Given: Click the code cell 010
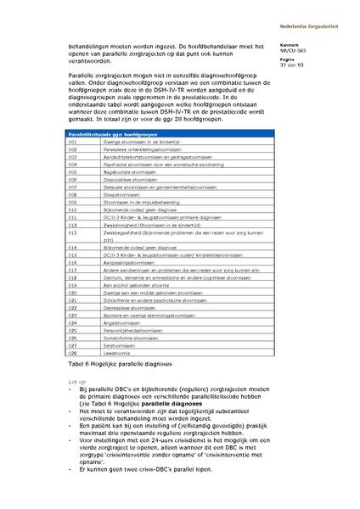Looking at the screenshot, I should pyautogui.click(x=73, y=209).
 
